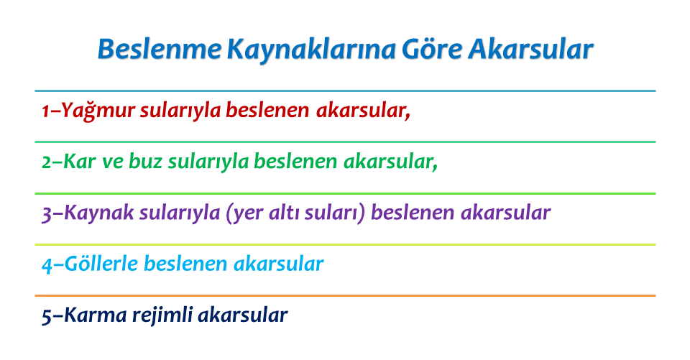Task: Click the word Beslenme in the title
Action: point(159,49)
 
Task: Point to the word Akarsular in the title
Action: point(530,49)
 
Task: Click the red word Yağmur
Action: point(98,111)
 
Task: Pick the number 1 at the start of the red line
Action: point(45,111)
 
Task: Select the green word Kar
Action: point(79,162)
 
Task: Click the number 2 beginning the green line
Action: point(47,162)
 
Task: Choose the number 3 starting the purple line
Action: point(47,214)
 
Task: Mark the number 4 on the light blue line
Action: point(47,265)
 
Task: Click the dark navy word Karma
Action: point(96,315)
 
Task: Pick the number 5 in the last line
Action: point(47,316)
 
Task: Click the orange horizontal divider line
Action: point(345,296)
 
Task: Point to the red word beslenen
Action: point(267,110)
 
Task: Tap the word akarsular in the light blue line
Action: point(279,264)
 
